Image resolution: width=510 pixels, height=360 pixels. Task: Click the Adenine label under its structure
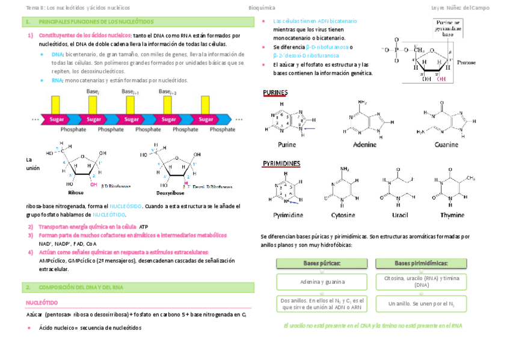[x=364, y=144]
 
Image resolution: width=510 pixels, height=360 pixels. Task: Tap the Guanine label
[x=446, y=144]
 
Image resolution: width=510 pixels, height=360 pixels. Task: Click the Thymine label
[x=452, y=215]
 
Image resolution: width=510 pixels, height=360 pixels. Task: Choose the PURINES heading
[x=275, y=93]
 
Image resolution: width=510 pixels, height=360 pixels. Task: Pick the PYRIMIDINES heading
[x=281, y=163]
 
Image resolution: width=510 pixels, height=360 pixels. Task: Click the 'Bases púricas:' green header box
[x=322, y=263]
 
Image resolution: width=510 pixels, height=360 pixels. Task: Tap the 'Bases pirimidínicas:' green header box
[x=422, y=263]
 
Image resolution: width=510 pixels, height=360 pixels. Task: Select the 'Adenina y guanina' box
[x=322, y=281]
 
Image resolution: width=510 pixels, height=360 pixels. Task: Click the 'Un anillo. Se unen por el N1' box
[x=422, y=304]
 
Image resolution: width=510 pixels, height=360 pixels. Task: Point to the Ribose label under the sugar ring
[x=76, y=193]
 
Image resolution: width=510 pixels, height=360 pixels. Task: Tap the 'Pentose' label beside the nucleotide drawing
[x=466, y=62]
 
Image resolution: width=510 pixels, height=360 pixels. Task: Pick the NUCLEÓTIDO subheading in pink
[x=42, y=303]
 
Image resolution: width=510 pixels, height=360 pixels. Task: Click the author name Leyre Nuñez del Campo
[x=465, y=8]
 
